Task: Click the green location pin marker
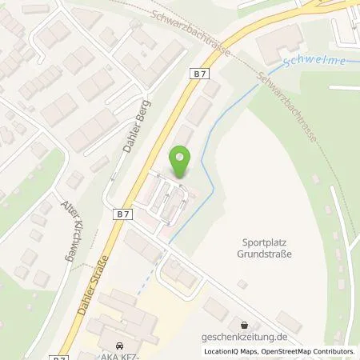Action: (x=183, y=160)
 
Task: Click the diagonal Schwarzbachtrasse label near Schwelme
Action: (x=288, y=108)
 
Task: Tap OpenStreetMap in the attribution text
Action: (x=286, y=350)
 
